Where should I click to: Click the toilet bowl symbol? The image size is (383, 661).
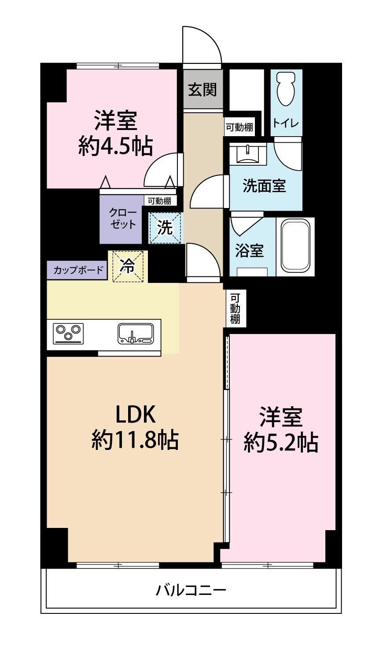286,89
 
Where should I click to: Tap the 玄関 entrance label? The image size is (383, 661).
203,89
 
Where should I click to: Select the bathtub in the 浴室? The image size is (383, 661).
295,247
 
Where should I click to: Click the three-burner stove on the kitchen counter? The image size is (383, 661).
68,333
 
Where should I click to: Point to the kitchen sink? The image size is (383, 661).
136,334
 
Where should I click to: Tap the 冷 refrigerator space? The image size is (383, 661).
128,267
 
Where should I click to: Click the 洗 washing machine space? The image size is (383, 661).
165,228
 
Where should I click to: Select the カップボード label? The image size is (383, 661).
79,270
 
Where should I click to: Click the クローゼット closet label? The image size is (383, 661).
123,219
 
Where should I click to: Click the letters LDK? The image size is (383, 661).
135,414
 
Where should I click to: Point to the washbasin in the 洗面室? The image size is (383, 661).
248,153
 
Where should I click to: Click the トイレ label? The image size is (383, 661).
286,123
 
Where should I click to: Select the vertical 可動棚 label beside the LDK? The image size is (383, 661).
235,308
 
